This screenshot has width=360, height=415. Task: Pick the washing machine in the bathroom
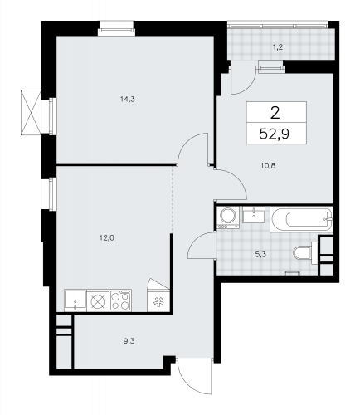click(x=228, y=218)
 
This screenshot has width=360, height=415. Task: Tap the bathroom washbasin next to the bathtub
click(x=253, y=217)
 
